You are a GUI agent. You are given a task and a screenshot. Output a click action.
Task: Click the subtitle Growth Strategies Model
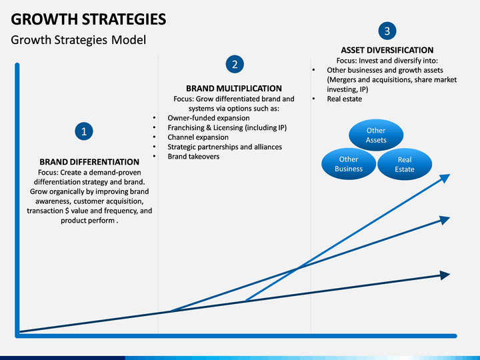point(78,40)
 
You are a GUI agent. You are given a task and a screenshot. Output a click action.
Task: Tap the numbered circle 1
point(84,131)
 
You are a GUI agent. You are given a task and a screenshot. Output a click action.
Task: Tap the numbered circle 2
point(234,64)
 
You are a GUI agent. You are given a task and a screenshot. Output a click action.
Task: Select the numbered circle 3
point(387,31)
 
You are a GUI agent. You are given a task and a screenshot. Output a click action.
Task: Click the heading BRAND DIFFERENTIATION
point(89,162)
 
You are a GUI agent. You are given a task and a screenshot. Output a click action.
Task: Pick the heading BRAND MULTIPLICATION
point(233,88)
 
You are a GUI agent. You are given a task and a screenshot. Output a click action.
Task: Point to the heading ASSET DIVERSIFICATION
point(387,50)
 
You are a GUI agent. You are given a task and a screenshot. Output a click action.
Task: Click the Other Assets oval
point(376,135)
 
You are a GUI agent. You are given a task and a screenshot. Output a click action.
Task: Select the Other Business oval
point(349,164)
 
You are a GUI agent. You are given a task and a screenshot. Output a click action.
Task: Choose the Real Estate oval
point(404,165)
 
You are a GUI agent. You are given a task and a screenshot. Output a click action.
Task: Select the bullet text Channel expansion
point(197,137)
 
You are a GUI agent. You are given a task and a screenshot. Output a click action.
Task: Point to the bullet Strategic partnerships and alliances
point(224,147)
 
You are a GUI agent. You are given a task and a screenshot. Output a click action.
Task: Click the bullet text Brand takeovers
point(193,157)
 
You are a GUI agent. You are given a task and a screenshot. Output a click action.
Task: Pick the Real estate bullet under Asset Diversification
point(344,99)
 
